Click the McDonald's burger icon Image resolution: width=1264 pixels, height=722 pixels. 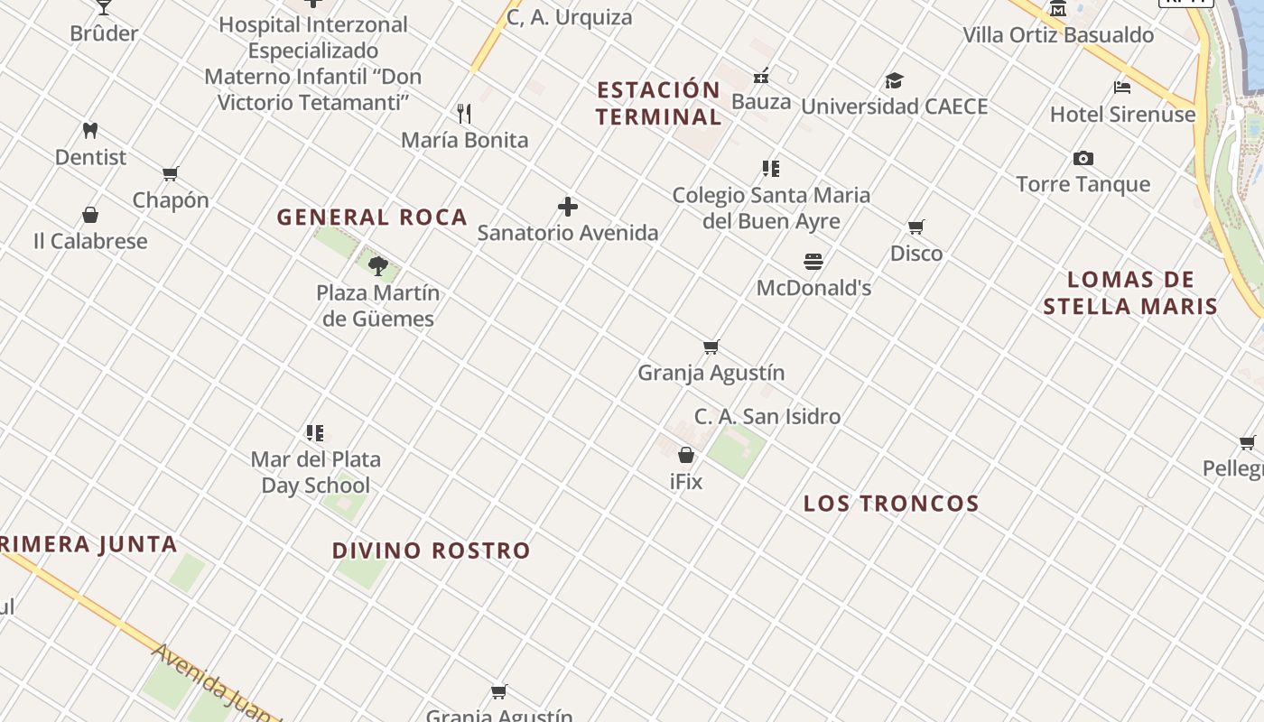pyautogui.click(x=813, y=262)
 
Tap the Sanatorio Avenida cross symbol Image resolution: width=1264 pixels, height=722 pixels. pyautogui.click(x=568, y=207)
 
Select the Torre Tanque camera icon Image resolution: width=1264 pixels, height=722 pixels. pyautogui.click(x=1083, y=159)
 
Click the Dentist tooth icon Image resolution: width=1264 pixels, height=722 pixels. pyautogui.click(x=90, y=130)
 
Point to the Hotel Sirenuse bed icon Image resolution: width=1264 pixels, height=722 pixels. pyautogui.click(x=1122, y=88)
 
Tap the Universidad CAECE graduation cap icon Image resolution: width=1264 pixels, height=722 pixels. pyautogui.click(x=894, y=80)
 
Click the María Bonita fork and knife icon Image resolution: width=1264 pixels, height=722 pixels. pyautogui.click(x=464, y=113)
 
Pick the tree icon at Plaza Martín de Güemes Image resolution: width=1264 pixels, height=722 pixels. pyautogui.click(x=378, y=265)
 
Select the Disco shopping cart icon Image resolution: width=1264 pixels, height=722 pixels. pyautogui.click(x=916, y=227)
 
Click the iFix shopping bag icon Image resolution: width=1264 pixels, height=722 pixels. pyautogui.click(x=686, y=455)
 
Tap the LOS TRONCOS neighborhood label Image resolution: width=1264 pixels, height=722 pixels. pyautogui.click(x=891, y=504)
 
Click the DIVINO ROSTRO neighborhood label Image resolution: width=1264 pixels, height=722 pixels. pyautogui.click(x=432, y=551)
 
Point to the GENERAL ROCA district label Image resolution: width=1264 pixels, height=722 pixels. pyautogui.click(x=372, y=218)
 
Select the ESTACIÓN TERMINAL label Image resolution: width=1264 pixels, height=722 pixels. pyautogui.click(x=658, y=104)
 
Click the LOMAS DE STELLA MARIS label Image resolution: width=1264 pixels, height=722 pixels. pyautogui.click(x=1130, y=293)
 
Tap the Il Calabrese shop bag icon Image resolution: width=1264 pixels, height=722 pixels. pyautogui.click(x=90, y=215)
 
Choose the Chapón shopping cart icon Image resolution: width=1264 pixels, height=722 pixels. pyautogui.click(x=171, y=173)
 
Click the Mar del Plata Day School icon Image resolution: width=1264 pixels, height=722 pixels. pyautogui.click(x=314, y=433)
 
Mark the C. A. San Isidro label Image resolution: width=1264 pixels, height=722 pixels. pyautogui.click(x=767, y=417)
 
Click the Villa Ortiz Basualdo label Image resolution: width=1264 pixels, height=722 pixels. pyautogui.click(x=1058, y=35)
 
